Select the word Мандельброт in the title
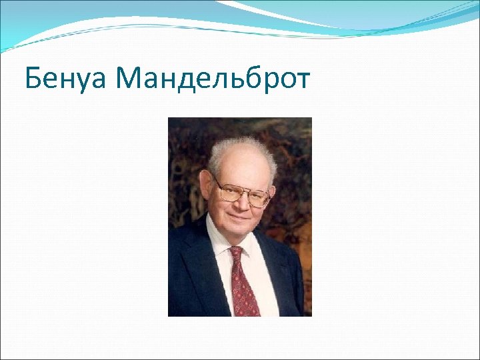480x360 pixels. (213, 79)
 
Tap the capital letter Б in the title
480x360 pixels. (33, 79)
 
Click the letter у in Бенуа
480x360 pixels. (82, 82)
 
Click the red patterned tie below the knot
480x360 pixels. (243, 287)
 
